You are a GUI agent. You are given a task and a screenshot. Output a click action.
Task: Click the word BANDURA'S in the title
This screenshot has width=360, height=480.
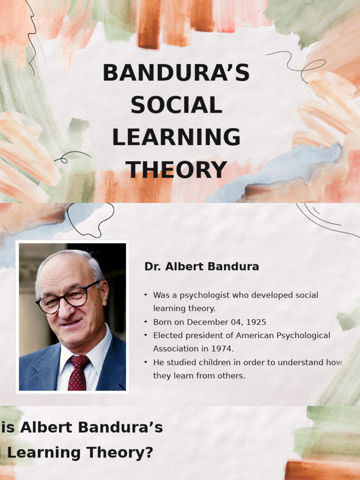[x=176, y=73]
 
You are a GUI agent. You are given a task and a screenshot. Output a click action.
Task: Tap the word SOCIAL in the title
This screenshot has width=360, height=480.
[x=176, y=105]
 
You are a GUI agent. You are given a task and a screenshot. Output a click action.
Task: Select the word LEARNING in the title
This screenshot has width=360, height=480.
[x=176, y=137]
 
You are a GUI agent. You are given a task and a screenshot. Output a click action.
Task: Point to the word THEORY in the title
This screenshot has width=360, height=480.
[x=176, y=170]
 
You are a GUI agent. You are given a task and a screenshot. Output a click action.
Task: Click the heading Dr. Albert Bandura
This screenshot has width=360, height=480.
[x=202, y=267]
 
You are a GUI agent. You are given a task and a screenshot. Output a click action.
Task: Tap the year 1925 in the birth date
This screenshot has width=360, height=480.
[x=255, y=322]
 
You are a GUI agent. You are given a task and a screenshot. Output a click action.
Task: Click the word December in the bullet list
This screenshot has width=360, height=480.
[x=208, y=322]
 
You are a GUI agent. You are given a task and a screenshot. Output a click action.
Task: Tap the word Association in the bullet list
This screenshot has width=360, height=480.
[x=176, y=349]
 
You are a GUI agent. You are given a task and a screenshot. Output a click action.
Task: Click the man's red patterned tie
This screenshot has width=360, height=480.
[x=77, y=373]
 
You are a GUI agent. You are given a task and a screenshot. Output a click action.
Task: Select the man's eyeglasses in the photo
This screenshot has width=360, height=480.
[x=68, y=298]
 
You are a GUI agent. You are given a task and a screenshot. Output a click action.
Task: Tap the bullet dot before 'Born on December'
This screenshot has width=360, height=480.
[x=146, y=322]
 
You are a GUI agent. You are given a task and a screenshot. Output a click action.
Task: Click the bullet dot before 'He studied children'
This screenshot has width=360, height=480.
[x=146, y=362]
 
